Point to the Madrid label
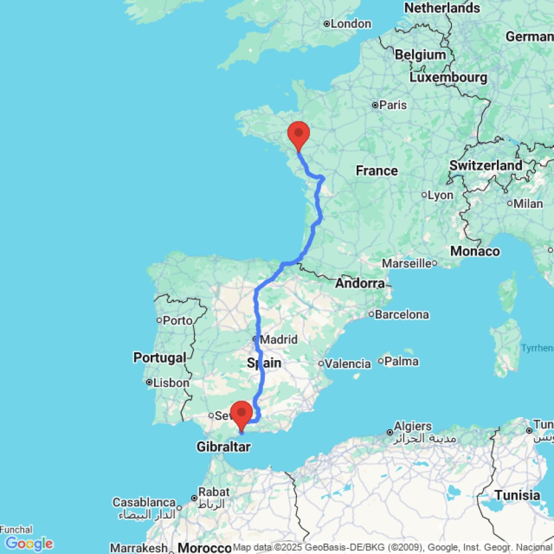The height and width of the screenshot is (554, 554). point(279,339)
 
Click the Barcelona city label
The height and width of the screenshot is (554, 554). point(402,315)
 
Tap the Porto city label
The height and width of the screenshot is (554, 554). point(178,320)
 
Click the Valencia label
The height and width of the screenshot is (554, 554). point(348,364)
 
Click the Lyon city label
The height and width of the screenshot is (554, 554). point(442,195)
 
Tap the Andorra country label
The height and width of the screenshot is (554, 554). point(360,284)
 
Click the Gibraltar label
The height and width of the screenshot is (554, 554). point(223,447)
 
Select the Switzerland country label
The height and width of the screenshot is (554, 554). point(486,165)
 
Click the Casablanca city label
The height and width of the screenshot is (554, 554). point(144,502)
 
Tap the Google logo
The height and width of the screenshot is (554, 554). point(29,543)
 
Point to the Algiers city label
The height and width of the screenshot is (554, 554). point(413,427)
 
